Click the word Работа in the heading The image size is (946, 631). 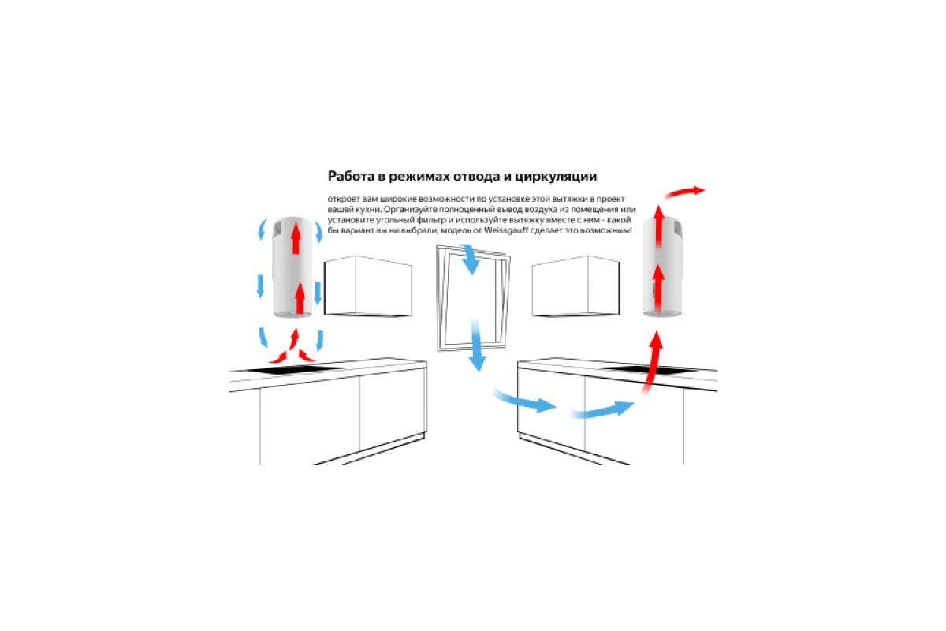[x=350, y=176]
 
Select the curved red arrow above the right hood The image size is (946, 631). [x=683, y=192]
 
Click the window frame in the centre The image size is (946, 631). [x=439, y=296]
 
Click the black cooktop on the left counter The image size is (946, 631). [x=293, y=370]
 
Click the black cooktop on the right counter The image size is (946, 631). [x=650, y=370]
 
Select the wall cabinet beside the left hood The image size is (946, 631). [x=368, y=286]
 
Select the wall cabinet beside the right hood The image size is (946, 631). [x=576, y=286]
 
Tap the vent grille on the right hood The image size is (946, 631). [x=677, y=229]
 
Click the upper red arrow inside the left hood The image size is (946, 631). [x=296, y=238]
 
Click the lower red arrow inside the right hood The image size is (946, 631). [x=658, y=288]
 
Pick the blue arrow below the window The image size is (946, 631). [x=477, y=345]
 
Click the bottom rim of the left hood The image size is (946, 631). [x=292, y=314]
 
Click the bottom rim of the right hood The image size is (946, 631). [x=662, y=314]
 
